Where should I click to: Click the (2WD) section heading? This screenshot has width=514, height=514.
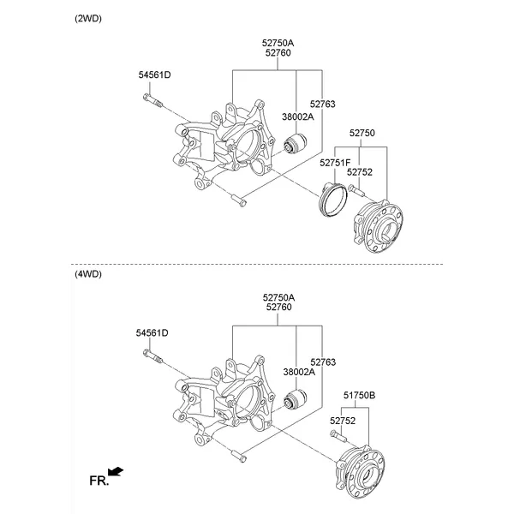[x=88, y=18]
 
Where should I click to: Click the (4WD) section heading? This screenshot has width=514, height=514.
[x=88, y=275]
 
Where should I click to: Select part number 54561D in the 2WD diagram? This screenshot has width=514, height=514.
[x=155, y=75]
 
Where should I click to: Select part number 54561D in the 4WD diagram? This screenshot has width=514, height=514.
[x=152, y=332]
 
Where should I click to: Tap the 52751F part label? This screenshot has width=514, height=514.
[x=335, y=162]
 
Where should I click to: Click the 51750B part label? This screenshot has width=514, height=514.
[x=360, y=397]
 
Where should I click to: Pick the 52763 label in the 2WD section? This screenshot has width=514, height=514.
[x=323, y=105]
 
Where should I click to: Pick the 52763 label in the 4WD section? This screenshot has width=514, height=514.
[x=323, y=362]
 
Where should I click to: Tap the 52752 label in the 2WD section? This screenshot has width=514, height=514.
[x=360, y=172]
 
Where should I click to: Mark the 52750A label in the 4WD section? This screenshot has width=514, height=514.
[x=278, y=296]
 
